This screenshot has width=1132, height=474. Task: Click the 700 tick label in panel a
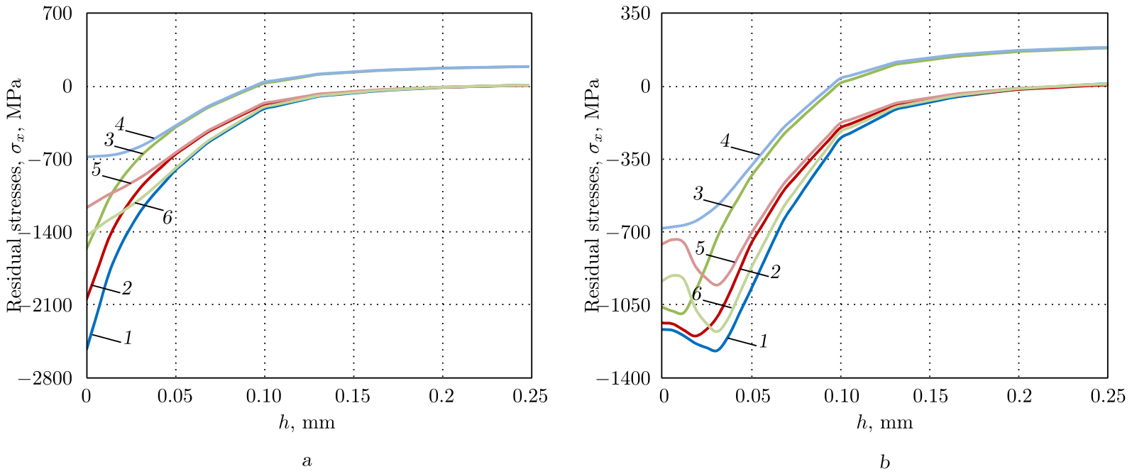click(62, 13)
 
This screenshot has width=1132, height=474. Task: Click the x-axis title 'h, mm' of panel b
click(884, 423)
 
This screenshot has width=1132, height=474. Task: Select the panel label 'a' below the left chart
click(307, 462)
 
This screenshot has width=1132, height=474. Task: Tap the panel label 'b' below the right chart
click(884, 462)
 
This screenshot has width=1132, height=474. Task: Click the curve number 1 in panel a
click(128, 338)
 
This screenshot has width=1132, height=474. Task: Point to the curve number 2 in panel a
click(126, 288)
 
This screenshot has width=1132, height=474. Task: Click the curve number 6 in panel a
click(167, 219)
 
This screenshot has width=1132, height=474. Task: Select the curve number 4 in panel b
click(725, 141)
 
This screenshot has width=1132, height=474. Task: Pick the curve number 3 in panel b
click(698, 193)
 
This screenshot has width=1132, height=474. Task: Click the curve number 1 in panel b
click(763, 342)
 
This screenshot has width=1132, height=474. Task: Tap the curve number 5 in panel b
click(700, 248)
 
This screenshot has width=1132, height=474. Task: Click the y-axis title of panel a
click(14, 195)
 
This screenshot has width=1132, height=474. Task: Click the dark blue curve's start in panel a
click(87, 349)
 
